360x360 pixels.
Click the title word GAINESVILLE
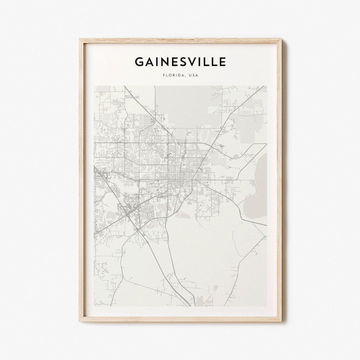coord(180,62)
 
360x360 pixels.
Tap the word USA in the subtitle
coord(193,75)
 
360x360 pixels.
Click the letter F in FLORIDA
coord(164,75)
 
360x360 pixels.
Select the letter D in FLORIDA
coord(180,75)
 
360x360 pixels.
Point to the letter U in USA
coord(190,75)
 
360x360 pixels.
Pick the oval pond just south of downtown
coord(183,215)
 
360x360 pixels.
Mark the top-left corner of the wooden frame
coord(80,39)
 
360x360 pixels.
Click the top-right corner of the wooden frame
coord(281,39)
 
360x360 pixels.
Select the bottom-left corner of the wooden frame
coord(80,321)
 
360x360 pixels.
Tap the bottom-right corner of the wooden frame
coord(281,321)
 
